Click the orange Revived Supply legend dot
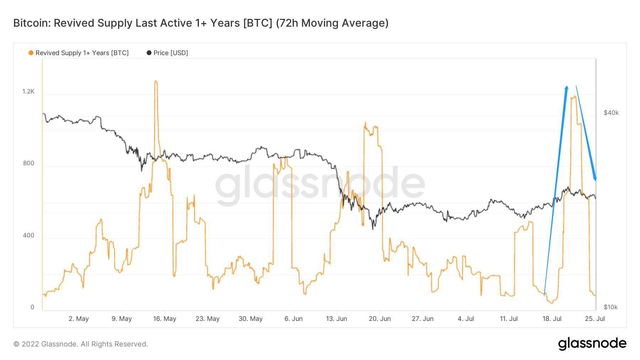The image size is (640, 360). click(31, 53)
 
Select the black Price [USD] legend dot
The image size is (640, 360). click(149, 53)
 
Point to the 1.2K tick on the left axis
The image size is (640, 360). click(28, 91)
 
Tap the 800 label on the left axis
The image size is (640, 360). click(28, 163)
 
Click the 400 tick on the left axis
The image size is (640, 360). click(28, 235)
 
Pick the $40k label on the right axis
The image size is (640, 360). click(611, 113)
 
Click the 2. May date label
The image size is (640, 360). click(79, 319)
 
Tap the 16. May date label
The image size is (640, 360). click(165, 319)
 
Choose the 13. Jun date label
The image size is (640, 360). click(336, 319)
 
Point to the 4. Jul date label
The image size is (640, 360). click(466, 319)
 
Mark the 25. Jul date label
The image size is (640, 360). click(595, 319)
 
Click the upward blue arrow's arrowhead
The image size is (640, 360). click(566, 88)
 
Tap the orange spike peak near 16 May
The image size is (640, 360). click(156, 82)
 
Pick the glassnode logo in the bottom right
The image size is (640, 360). click(592, 343)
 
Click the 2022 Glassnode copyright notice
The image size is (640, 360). click(81, 344)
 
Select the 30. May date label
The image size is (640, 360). click(251, 319)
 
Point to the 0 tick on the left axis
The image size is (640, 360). click(32, 307)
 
